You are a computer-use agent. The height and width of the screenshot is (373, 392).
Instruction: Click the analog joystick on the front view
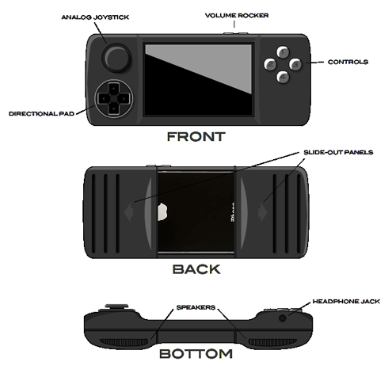(116, 58)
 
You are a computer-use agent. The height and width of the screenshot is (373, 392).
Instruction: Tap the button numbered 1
(283, 52)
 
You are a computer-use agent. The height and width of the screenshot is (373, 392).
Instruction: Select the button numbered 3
(295, 64)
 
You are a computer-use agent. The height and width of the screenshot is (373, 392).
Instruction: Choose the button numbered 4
(283, 77)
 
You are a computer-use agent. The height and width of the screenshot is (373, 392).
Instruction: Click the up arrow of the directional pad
(114, 89)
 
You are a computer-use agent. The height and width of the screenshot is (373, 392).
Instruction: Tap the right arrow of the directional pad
(124, 99)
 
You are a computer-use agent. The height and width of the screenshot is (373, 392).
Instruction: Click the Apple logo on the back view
(162, 211)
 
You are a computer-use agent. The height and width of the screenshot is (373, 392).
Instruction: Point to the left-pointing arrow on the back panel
(128, 211)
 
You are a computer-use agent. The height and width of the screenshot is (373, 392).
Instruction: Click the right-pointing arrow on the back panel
(263, 211)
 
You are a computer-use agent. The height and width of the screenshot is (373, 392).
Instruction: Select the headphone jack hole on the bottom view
(283, 318)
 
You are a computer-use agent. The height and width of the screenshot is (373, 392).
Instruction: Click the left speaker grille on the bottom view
(124, 342)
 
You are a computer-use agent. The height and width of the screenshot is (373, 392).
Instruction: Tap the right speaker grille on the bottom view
(273, 342)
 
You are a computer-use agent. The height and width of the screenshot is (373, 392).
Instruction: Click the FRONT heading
(196, 137)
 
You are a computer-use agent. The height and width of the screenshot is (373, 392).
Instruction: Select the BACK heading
(196, 269)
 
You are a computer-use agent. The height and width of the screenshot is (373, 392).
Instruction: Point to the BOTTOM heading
(196, 354)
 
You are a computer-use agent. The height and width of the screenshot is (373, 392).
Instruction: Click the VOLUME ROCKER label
(237, 16)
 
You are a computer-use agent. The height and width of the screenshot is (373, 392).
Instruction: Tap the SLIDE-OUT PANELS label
(338, 152)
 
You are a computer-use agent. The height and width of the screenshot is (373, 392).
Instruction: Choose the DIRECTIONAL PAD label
(41, 113)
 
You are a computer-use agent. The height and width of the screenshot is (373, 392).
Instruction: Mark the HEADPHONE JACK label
(346, 301)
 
